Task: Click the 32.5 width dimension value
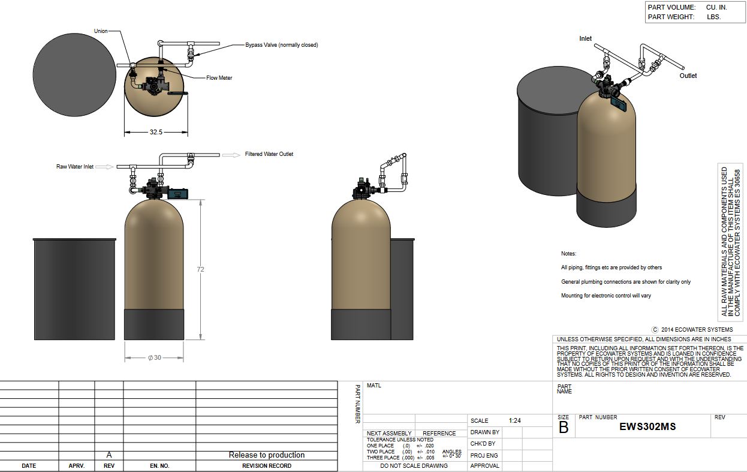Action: (x=156, y=132)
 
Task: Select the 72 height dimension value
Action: (x=200, y=269)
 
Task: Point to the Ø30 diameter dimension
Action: (x=155, y=357)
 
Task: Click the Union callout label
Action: (x=101, y=31)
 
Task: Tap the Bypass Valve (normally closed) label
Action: (x=281, y=45)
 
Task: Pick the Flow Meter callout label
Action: (x=219, y=78)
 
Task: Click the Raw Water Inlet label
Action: (x=75, y=167)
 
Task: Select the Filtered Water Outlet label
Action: (x=269, y=154)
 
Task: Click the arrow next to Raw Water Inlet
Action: (x=105, y=167)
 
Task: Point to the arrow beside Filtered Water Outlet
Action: (x=231, y=155)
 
